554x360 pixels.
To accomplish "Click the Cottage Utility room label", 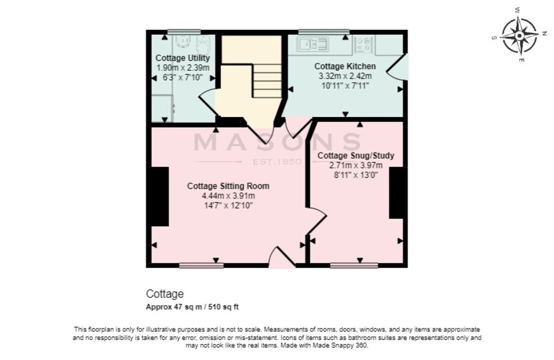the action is (x=182, y=58).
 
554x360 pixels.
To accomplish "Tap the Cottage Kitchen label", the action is (x=345, y=66).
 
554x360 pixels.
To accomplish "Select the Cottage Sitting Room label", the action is (x=228, y=186).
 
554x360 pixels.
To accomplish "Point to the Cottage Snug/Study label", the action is (x=356, y=156).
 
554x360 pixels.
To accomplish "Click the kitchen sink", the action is (x=313, y=44).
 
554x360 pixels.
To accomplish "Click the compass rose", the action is (x=519, y=36).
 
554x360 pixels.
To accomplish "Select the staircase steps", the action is (x=267, y=81).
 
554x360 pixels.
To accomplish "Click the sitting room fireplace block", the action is (x=160, y=197).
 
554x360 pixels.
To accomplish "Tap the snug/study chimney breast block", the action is (x=396, y=193).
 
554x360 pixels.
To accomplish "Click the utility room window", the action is (x=184, y=32).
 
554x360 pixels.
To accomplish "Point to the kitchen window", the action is (x=324, y=32).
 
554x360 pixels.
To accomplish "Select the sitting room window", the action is (x=201, y=265).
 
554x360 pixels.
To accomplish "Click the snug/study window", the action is (x=354, y=265).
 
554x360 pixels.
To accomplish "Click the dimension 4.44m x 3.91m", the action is (x=228, y=196).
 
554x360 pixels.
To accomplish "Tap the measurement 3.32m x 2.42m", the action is (x=345, y=76).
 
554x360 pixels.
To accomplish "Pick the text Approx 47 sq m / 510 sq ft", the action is (x=192, y=307).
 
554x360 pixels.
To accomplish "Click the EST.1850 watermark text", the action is (x=277, y=162).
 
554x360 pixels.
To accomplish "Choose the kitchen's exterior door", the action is (x=397, y=67).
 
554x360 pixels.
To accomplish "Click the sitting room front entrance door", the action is (x=282, y=258).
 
